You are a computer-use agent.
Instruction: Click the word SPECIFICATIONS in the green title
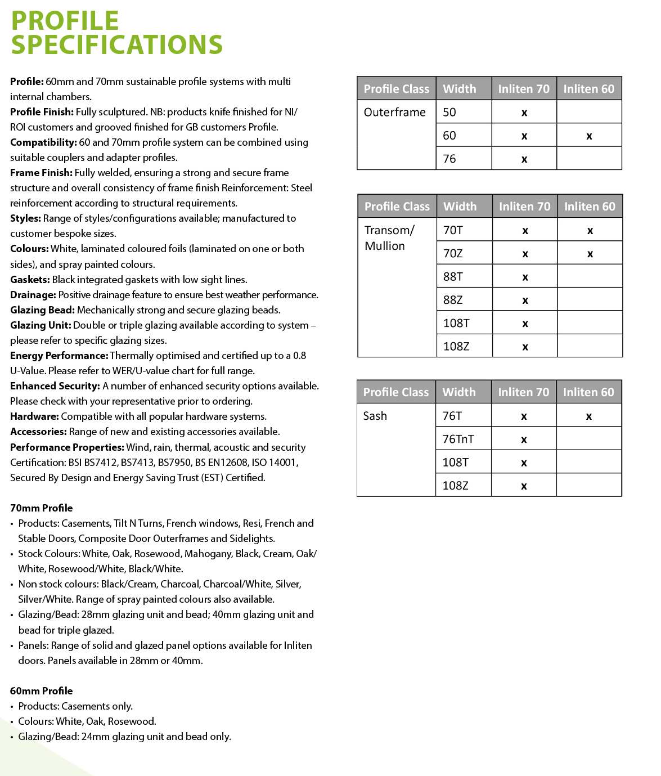117,45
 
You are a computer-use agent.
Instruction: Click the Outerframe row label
395,112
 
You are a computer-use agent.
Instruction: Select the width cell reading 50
449,112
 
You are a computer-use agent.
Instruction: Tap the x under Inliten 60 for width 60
589,136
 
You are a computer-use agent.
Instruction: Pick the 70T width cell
453,230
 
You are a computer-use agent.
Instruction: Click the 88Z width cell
453,300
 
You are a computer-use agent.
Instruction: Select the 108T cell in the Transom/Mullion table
456,323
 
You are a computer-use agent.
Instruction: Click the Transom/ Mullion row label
389,237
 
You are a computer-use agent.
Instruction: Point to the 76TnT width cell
458,439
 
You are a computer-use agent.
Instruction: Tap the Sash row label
375,416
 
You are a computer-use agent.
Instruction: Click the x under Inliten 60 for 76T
589,417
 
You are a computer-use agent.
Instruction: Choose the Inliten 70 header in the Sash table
523,392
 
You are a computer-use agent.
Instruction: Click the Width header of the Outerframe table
460,89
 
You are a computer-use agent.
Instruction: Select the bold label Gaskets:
30,280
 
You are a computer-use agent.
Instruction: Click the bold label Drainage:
33,295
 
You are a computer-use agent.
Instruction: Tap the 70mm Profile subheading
42,508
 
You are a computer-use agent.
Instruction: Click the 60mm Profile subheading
42,691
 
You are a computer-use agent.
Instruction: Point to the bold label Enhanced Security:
55,386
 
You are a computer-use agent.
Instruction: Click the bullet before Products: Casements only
12,707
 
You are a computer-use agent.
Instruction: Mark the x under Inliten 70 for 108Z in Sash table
524,486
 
